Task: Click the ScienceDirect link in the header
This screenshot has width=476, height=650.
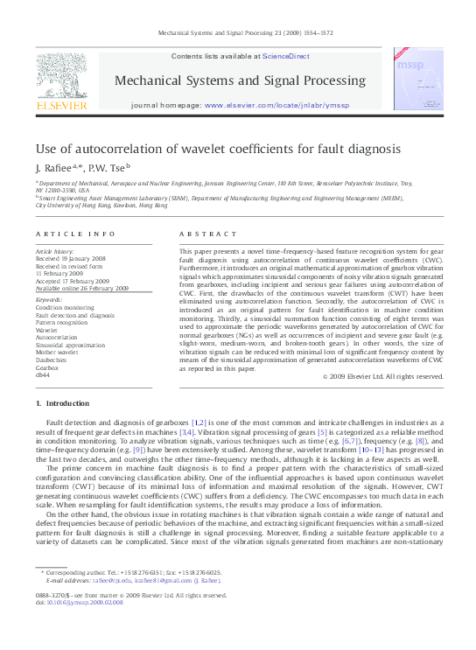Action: pyautogui.click(x=286, y=56)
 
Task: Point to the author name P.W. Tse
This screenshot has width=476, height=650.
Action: pyautogui.click(x=108, y=167)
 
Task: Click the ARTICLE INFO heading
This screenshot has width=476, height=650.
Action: pyautogui.click(x=75, y=234)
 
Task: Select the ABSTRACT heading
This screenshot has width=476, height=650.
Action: pyautogui.click(x=202, y=234)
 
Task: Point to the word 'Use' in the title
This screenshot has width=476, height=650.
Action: pyautogui.click(x=45, y=149)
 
